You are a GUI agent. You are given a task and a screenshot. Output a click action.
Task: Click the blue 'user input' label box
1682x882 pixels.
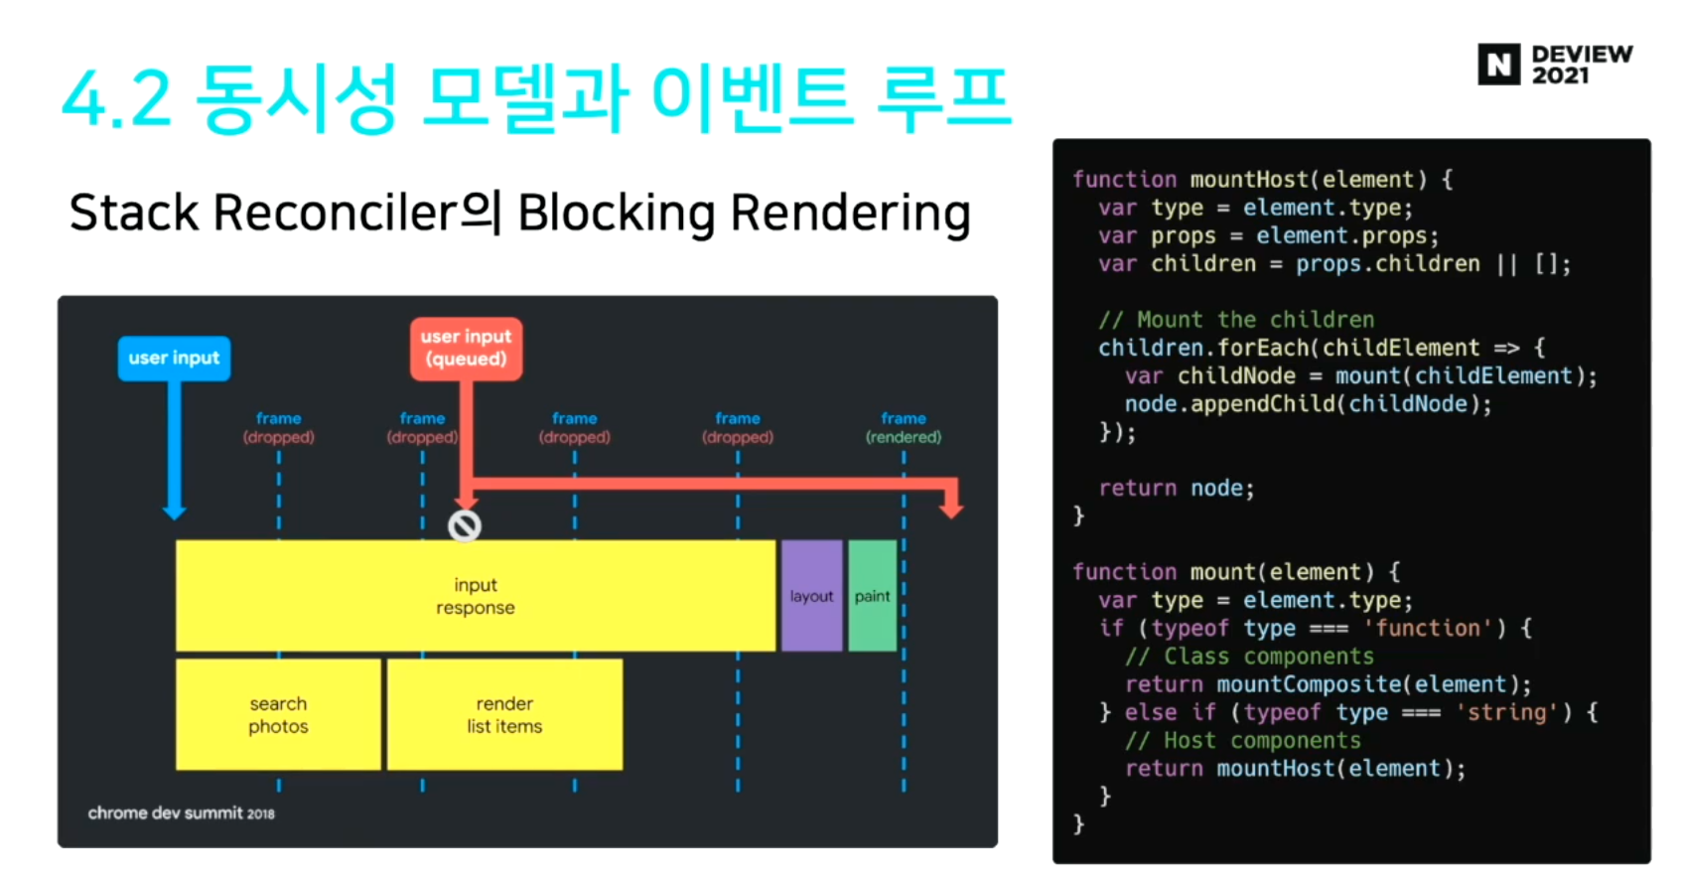pos(174,359)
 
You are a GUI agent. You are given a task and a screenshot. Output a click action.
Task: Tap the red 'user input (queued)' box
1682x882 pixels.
pos(466,348)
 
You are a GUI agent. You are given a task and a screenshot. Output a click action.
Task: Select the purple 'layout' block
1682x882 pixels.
pos(811,596)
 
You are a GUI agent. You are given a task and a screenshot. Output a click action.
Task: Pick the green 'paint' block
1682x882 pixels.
pos(873,596)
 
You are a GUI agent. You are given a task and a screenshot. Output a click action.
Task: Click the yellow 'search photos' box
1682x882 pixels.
pos(278,714)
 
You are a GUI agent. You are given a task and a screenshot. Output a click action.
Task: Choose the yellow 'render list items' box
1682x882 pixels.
pos(504,714)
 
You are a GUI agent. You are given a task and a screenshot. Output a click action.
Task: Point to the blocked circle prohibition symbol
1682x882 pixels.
pos(465,525)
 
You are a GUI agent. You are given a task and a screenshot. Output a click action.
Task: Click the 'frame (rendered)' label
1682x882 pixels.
pos(903,428)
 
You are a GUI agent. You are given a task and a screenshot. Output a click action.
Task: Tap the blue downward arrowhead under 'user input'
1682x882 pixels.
pos(175,511)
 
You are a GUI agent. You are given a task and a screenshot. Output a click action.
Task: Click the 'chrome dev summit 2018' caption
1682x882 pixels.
pos(181,813)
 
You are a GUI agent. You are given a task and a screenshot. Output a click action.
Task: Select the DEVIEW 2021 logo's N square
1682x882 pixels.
pos(1498,65)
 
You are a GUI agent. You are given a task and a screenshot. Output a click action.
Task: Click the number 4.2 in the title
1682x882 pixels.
pos(116,100)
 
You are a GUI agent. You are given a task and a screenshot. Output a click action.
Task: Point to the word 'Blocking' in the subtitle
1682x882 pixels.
pos(616,214)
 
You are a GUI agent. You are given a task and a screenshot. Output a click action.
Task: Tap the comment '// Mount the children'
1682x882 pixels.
pos(1236,320)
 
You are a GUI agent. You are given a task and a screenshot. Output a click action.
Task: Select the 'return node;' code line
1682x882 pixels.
pos(1177,489)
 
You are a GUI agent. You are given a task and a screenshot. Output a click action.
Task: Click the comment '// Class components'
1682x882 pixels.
pos(1249,657)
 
